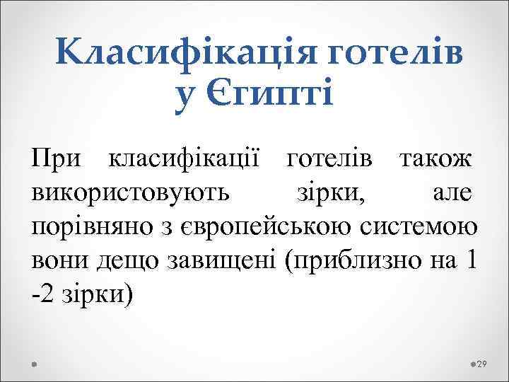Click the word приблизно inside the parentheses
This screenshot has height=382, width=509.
[x=353, y=261]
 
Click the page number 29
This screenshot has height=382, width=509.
[x=484, y=364]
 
